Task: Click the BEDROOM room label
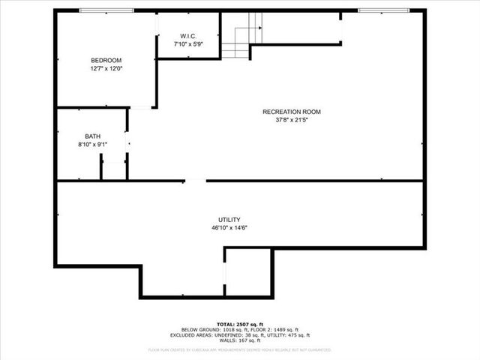pos(106,60)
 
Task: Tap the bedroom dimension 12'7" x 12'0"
pos(106,68)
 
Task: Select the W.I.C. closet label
pos(188,37)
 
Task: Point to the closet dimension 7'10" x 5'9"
pos(188,45)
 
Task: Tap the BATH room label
pos(92,136)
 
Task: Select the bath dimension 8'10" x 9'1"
pos(92,145)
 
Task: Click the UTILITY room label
pos(229,219)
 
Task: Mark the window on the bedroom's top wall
pos(106,10)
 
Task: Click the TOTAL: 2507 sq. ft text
pos(240,325)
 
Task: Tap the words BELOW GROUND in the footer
pos(199,330)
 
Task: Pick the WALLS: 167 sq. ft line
pos(240,340)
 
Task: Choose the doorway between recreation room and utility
pos(195,180)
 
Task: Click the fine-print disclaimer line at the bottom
pos(240,349)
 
